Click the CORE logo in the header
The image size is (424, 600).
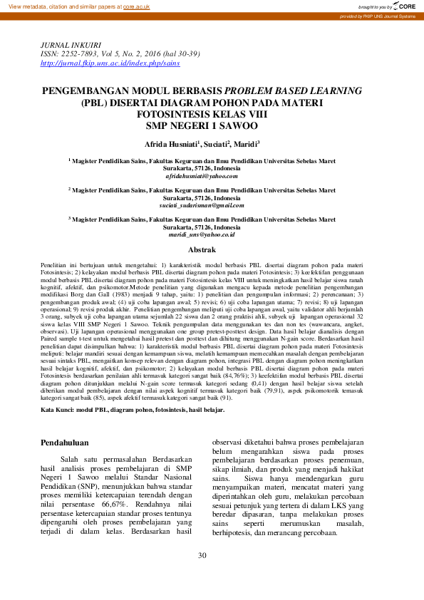(x=403, y=6)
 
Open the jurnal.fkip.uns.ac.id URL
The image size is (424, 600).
(x=110, y=63)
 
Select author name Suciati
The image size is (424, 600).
(x=218, y=144)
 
